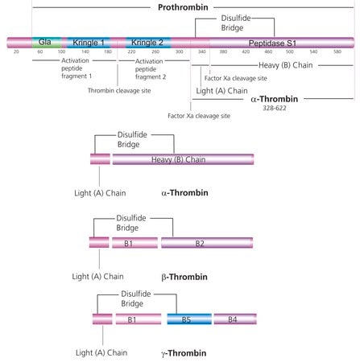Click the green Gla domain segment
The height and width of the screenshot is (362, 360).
47,43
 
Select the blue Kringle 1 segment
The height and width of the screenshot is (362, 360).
89,43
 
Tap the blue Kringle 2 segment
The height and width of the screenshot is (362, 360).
148,43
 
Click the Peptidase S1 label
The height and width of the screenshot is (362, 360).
272,43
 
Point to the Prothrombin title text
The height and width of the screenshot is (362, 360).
183,7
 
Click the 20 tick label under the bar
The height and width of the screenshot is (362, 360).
16,51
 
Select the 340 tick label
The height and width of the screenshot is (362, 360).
202,51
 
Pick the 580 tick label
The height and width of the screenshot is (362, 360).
337,51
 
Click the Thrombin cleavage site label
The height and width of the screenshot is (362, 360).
119,91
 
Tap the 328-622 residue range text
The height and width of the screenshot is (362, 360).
275,108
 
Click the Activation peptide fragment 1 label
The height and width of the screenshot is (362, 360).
77,68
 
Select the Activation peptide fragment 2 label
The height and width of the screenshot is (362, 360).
151,69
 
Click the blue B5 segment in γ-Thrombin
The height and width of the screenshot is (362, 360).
189,319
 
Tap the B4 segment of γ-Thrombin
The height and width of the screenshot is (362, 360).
235,319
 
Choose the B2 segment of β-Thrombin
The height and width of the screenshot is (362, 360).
207,243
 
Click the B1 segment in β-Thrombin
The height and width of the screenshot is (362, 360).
134,243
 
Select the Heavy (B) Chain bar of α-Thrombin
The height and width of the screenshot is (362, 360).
183,159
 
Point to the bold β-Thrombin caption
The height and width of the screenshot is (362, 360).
184,277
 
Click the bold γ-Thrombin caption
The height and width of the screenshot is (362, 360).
184,353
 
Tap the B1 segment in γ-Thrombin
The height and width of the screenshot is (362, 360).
139,319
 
